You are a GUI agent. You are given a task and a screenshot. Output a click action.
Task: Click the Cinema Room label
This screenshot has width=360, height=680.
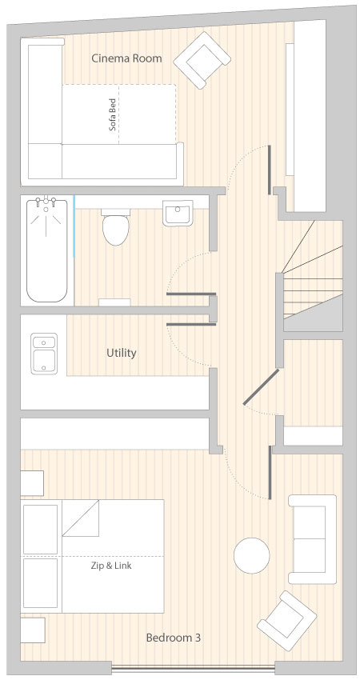tap(126, 58)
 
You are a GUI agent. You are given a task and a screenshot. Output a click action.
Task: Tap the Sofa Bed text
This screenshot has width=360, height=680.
tap(113, 114)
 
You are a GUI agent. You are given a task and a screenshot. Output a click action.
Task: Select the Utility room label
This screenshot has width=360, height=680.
tap(122, 353)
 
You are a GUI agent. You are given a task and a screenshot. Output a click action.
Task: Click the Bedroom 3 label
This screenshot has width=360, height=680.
tap(173, 638)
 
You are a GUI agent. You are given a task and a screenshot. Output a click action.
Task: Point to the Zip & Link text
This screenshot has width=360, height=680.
tap(111, 566)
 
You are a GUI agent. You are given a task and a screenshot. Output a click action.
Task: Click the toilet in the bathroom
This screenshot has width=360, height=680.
tap(116, 227)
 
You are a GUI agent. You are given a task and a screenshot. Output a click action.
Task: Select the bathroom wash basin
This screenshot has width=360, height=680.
tap(178, 213)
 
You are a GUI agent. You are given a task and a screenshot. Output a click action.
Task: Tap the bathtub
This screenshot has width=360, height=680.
tap(47, 250)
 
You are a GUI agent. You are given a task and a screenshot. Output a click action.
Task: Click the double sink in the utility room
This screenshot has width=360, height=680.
tap(44, 353)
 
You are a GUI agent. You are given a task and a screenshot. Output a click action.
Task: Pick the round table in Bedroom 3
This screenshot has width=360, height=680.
tap(251, 555)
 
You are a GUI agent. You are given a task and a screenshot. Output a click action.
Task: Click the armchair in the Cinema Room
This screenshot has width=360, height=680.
tap(202, 60)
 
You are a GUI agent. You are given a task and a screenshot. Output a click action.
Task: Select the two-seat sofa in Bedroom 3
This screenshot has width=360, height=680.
tap(312, 539)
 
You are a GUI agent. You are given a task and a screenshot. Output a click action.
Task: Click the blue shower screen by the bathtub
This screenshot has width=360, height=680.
tap(74, 227)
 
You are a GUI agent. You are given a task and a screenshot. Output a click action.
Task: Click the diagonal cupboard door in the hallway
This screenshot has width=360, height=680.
tap(261, 387)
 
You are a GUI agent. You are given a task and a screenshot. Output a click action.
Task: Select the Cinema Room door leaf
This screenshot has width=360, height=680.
tap(270, 170)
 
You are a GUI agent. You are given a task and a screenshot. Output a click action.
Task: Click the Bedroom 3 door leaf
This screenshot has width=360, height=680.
tap(270, 472)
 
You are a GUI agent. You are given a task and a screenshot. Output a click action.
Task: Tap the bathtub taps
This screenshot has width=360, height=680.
tap(46, 202)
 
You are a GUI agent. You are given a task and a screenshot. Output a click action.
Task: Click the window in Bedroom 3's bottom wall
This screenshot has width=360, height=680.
tap(194, 667)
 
